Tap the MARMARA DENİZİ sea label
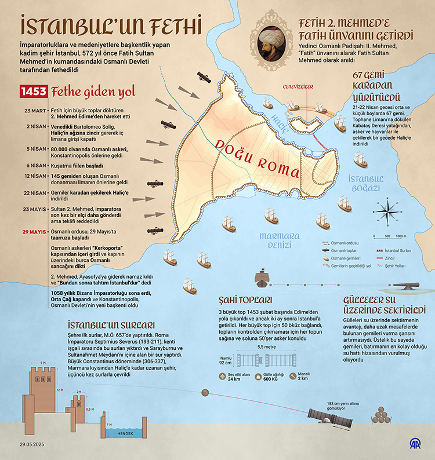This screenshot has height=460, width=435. (x=280, y=239)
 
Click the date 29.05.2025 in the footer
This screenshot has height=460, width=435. (x=32, y=445)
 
